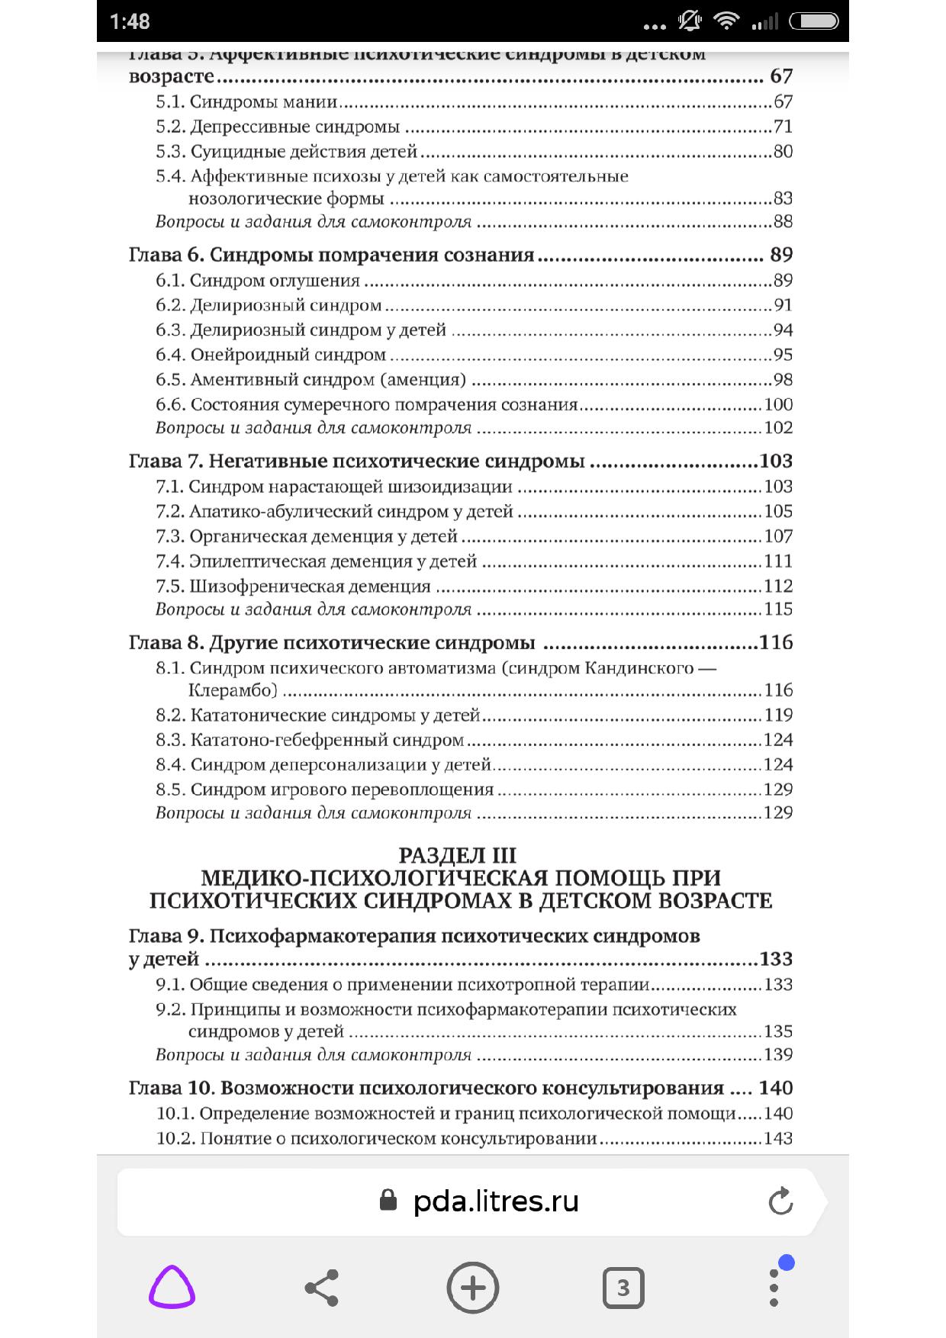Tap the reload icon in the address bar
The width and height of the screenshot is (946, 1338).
coord(780,1201)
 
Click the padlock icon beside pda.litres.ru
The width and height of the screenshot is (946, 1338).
coord(388,1201)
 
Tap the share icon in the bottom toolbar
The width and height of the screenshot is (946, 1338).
coord(321,1288)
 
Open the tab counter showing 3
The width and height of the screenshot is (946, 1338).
coord(623,1288)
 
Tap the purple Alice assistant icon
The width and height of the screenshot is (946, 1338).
coord(172,1288)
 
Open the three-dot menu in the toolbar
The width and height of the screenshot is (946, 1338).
coord(774,1288)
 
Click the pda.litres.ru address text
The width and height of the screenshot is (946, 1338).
coord(496,1201)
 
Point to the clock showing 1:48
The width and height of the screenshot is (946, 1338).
coord(130,21)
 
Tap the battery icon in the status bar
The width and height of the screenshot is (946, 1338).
coord(815,21)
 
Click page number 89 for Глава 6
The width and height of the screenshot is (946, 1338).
coord(781,255)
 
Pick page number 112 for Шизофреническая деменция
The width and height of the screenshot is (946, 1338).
coord(778,586)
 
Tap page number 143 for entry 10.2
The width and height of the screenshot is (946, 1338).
coord(778,1138)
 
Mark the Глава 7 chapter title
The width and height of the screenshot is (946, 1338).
coord(357,461)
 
